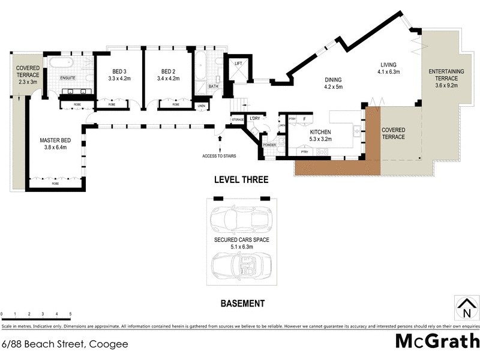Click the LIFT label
click(238, 63)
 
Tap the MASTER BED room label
click(55, 140)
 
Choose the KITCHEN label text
click(320, 132)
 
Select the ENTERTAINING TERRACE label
click(443, 74)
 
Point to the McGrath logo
click(437, 341)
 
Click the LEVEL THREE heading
click(242, 180)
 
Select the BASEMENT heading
click(242, 304)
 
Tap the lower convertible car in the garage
click(242, 265)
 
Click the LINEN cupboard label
click(202, 107)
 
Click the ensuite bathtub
click(60, 63)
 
